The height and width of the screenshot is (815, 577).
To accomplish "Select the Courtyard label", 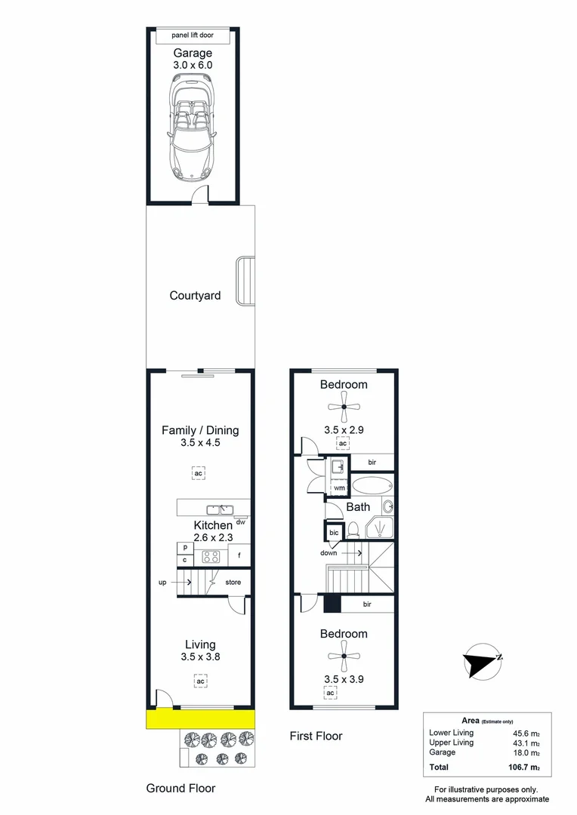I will point(195,296).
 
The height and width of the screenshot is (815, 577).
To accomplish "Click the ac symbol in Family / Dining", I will point(198,473).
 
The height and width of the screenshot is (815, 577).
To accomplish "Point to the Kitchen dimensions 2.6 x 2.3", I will point(202,538).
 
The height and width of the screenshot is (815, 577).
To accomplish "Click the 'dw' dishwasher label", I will point(240,521).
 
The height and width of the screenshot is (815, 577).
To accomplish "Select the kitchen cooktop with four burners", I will point(210,557).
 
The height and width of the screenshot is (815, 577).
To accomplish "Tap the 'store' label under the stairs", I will point(233,582).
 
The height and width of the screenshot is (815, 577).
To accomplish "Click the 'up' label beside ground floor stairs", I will point(162,582).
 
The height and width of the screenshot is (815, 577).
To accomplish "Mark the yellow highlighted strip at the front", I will point(201,719).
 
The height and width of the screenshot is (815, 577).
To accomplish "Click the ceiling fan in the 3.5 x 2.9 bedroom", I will point(344,407).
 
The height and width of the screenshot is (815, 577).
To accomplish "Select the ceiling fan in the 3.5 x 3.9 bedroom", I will point(344,657).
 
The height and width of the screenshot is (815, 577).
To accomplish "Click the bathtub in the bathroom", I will point(372,485).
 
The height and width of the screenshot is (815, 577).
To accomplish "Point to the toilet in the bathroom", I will point(353,531).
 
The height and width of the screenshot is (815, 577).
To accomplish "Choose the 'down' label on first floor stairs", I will point(329,553).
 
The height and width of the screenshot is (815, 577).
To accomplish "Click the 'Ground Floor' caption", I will point(181,788).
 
